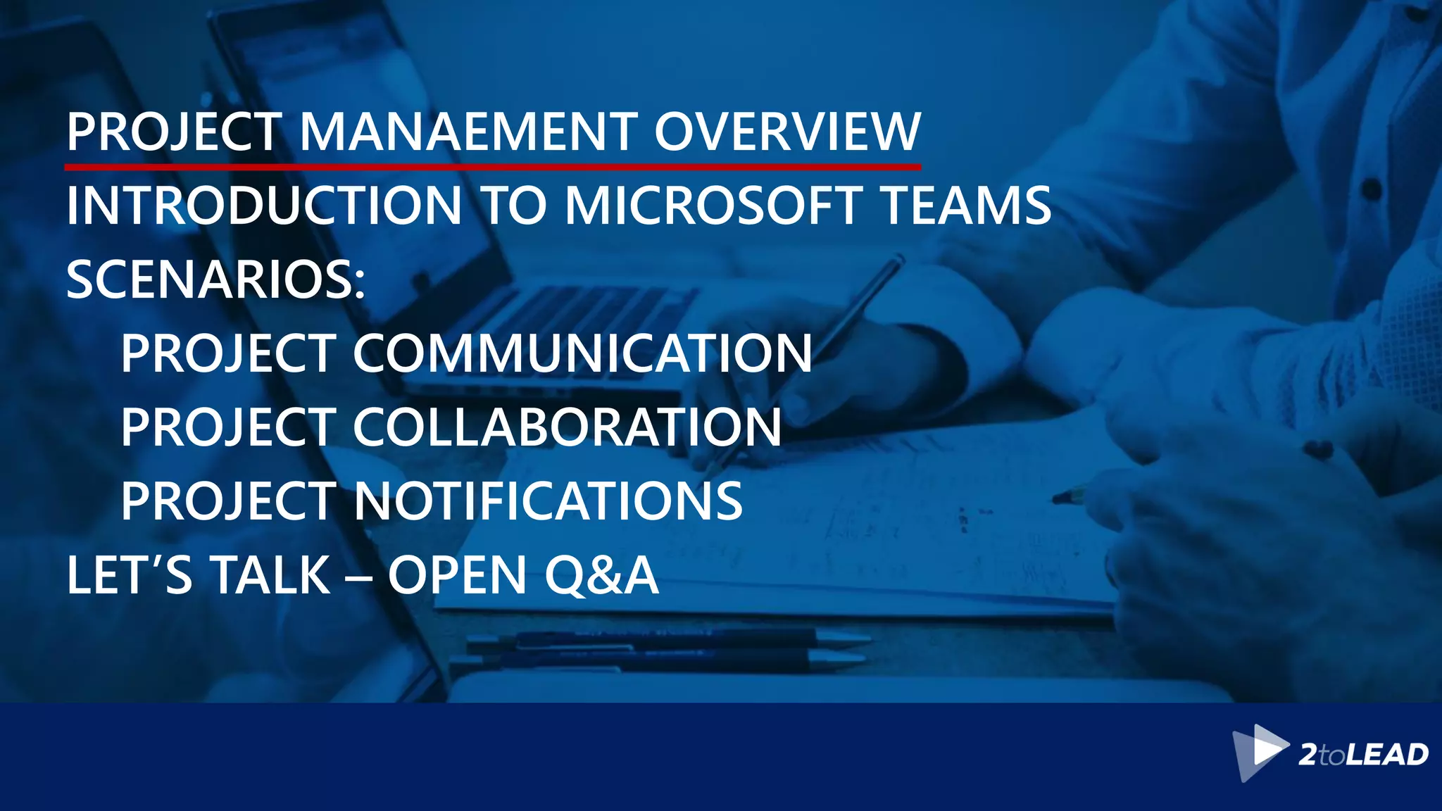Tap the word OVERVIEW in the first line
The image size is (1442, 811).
click(787, 132)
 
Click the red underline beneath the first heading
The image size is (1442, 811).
click(493, 167)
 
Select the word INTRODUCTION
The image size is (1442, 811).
click(264, 206)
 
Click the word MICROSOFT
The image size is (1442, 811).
click(713, 206)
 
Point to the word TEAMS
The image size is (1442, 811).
click(966, 206)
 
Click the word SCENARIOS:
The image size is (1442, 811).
click(216, 280)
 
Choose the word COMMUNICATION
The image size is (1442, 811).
click(582, 353)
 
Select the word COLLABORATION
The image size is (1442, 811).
click(567, 427)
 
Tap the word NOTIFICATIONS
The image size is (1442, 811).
click(548, 501)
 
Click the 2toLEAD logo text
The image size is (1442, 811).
click(1363, 755)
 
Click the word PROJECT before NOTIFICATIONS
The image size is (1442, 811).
click(228, 501)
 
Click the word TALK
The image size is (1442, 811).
click(270, 575)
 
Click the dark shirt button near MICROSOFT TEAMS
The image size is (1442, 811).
click(1371, 189)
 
